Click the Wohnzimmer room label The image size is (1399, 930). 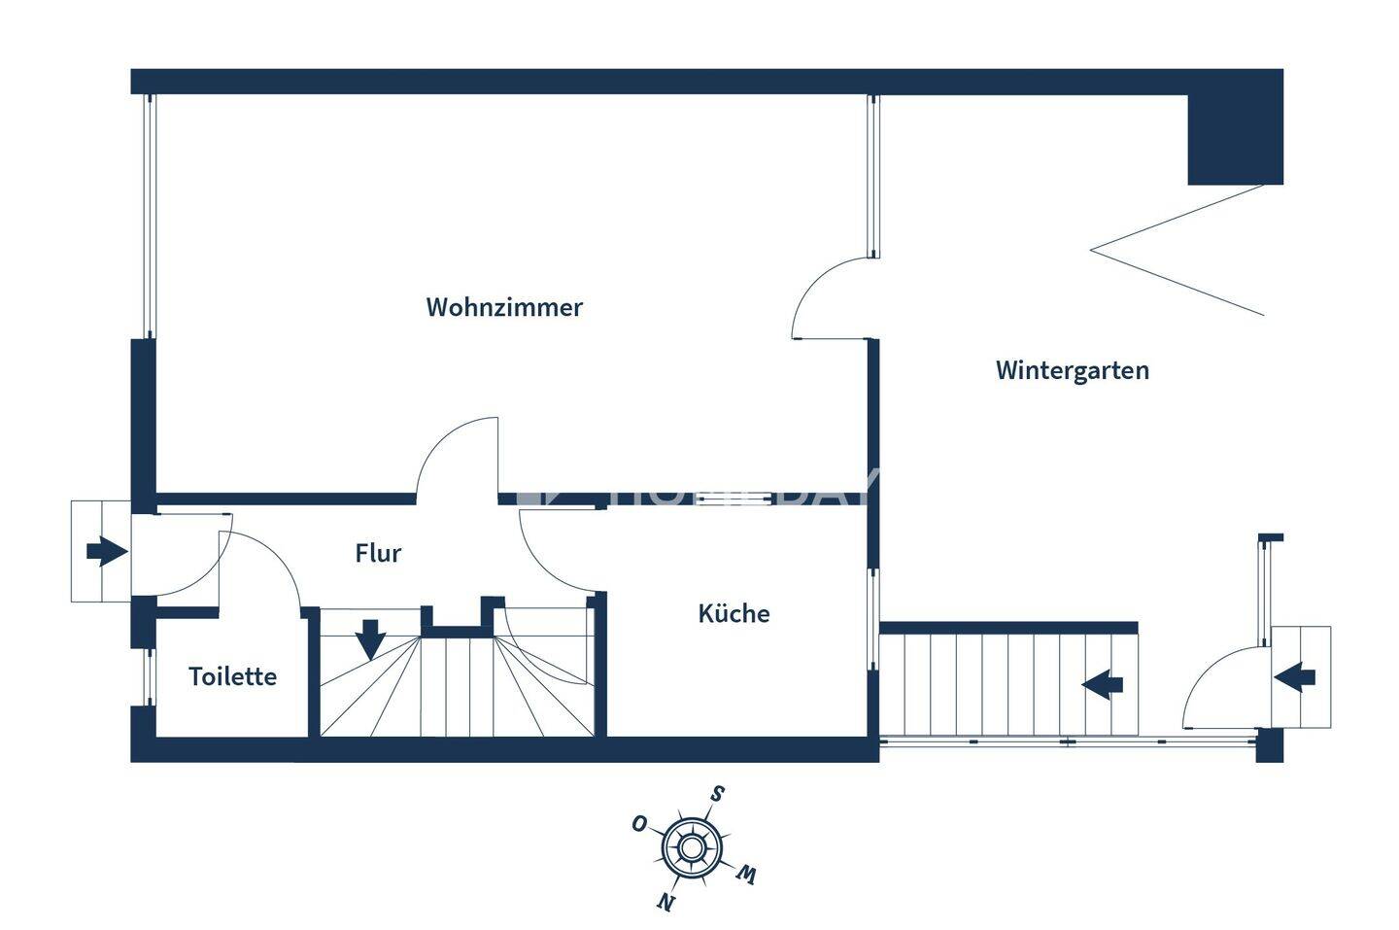[504, 307]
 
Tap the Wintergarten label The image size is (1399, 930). [1072, 370]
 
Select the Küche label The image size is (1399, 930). [734, 613]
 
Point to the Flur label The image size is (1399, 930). [378, 553]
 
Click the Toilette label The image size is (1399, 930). [232, 676]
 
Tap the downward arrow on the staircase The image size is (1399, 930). [370, 639]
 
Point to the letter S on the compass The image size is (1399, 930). [716, 793]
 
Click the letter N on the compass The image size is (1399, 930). [665, 902]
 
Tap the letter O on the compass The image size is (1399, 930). [639, 824]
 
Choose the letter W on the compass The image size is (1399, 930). [745, 874]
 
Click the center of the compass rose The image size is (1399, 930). [691, 847]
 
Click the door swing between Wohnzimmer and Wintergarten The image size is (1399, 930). [826, 296]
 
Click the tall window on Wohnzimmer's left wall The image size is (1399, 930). [150, 217]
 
